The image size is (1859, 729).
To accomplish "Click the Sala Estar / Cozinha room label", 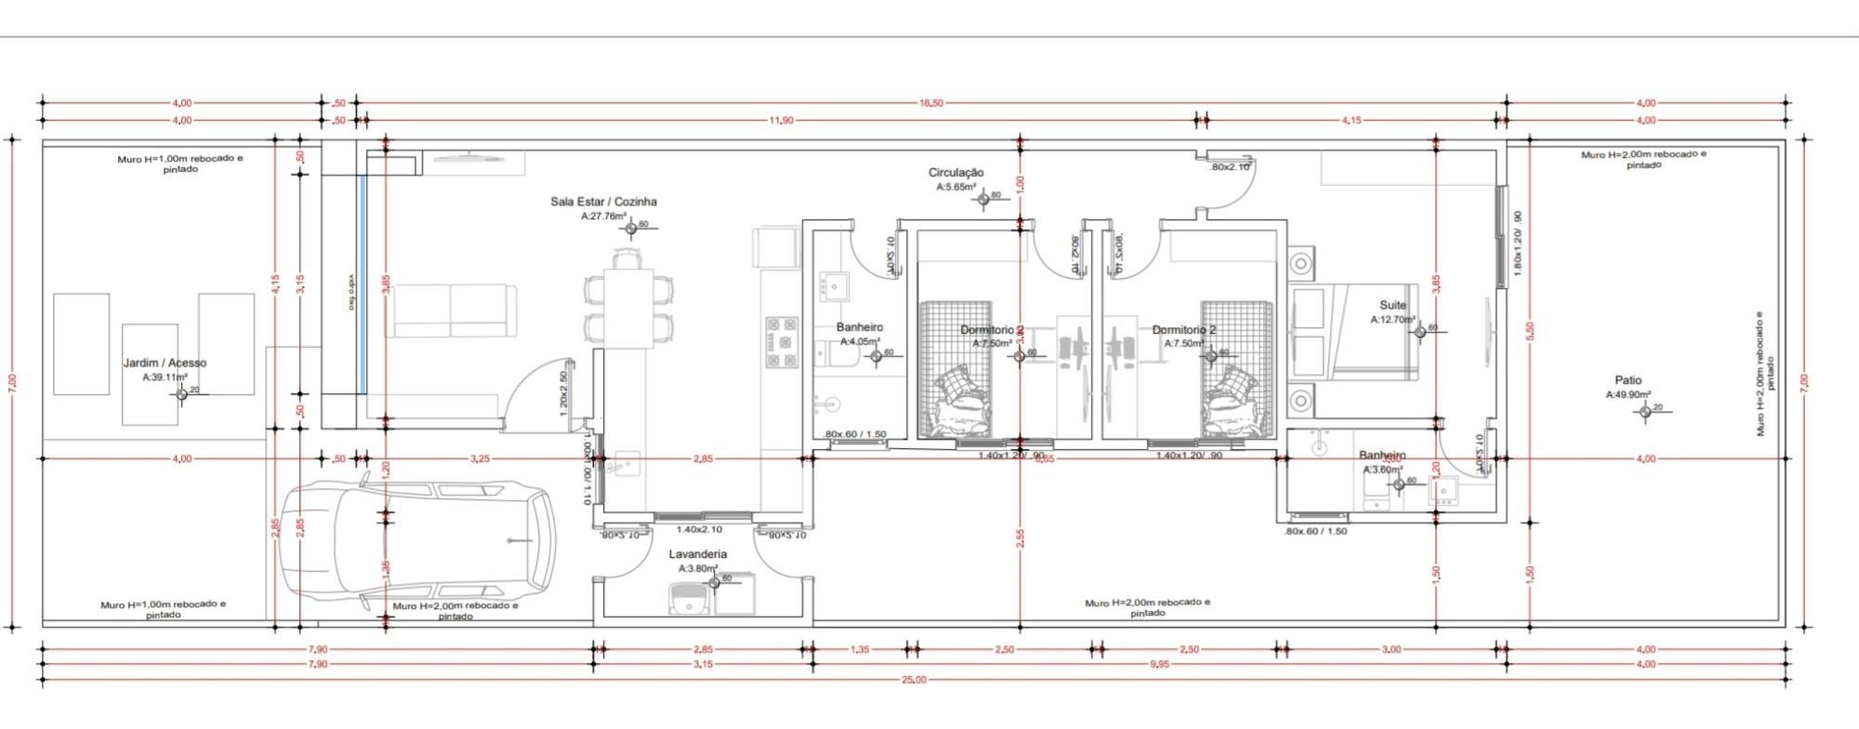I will coord(603,202).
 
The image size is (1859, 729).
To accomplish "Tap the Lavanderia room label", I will coord(697,554).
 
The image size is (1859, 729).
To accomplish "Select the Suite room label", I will coord(1392,305).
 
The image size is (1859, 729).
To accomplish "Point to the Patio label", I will coord(1628,380).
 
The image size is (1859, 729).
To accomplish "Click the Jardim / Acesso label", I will coord(165,363).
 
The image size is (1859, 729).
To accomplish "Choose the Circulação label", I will coord(956,173).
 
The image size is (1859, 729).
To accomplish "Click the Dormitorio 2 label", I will coord(1183,330).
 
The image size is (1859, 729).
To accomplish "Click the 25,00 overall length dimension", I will coord(914,680).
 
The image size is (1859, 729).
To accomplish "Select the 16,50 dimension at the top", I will coord(931,103).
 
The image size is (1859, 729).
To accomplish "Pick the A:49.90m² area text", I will coord(1628,394).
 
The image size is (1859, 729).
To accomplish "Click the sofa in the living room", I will coord(453,311).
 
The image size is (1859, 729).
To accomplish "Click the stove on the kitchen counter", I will coord(781,342).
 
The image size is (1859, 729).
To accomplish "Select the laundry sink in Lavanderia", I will coord(689,600).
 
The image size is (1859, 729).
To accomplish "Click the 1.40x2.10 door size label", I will coord(699,529).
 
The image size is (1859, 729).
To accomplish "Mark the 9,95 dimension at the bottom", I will coord(1158,664).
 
